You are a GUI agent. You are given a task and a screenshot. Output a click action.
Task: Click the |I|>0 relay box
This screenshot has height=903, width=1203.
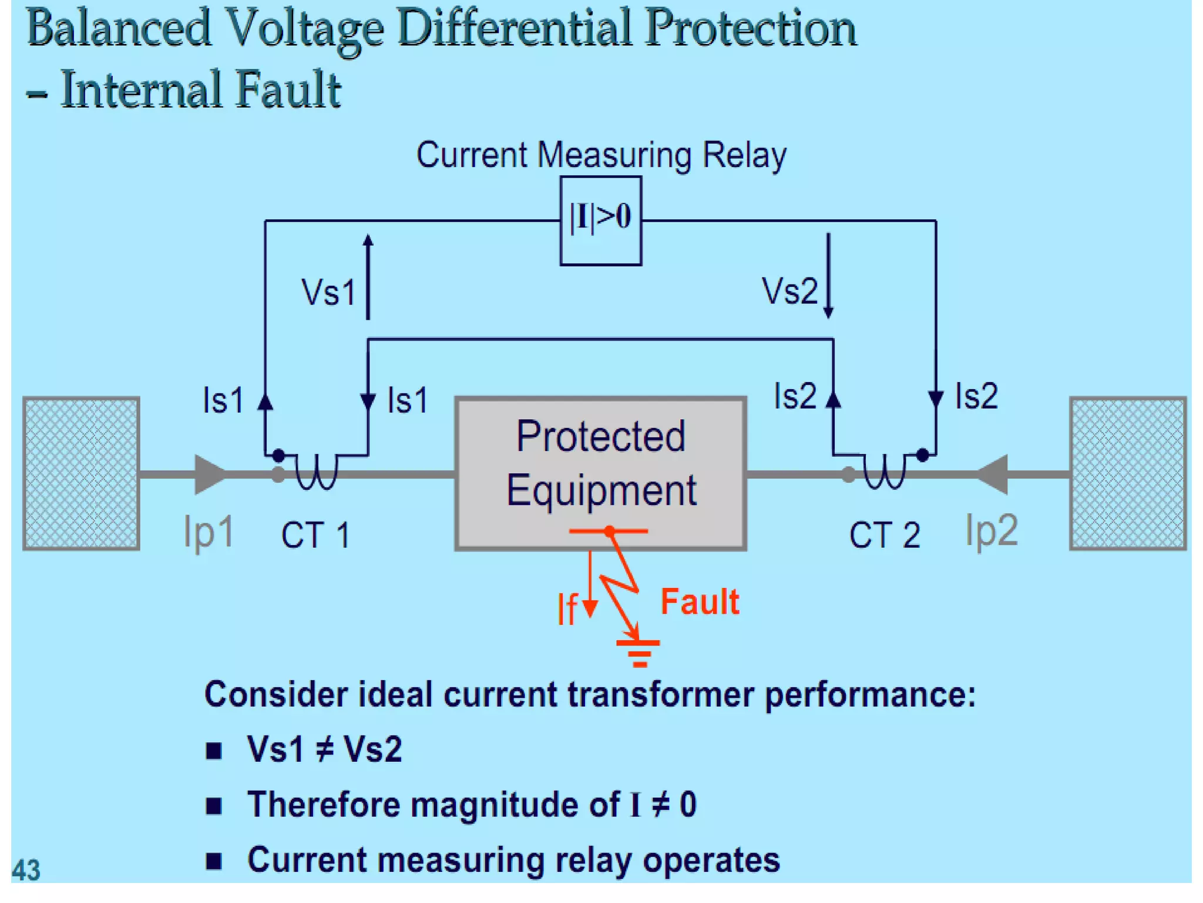600,220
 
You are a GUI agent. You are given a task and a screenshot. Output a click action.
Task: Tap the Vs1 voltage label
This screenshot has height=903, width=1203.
328,292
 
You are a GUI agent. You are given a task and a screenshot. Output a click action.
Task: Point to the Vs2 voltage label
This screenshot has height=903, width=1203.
789,291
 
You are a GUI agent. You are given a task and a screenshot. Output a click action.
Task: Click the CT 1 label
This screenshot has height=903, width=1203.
315,536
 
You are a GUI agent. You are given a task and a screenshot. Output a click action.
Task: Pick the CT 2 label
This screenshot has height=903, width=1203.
884,536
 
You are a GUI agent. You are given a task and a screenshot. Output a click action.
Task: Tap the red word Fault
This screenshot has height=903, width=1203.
700,602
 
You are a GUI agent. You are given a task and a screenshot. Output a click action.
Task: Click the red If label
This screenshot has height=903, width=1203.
567,608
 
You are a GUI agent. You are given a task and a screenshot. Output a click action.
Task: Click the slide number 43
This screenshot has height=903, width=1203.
26,870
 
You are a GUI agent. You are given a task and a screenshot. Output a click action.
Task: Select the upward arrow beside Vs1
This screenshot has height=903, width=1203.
368,276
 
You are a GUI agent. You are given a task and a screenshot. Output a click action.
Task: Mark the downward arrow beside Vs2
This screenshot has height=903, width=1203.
828,275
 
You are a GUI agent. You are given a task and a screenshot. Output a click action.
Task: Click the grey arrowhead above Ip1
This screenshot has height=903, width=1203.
209,474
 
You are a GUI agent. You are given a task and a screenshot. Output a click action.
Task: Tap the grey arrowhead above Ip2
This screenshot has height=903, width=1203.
993,474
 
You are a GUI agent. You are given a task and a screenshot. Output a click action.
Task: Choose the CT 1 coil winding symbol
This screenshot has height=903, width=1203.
316,471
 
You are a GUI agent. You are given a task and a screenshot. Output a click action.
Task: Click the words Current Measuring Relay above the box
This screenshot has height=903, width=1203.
601,155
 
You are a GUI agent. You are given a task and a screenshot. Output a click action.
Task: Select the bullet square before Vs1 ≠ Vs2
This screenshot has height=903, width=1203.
214,751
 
